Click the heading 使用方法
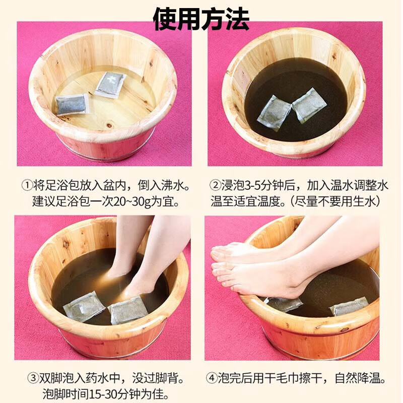pyautogui.click(x=201, y=19)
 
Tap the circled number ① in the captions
pyautogui.click(x=27, y=185)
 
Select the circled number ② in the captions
pyautogui.click(x=216, y=185)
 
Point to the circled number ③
pyautogui.click(x=33, y=378)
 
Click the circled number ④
pyautogui.click(x=212, y=378)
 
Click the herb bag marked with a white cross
pyautogui.click(x=110, y=84)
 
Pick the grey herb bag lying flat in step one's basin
pyautogui.click(x=73, y=104)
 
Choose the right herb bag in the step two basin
pyautogui.click(x=309, y=105)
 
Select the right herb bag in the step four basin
pyautogui.click(x=350, y=306)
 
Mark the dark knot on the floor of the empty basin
pyautogui.click(x=110, y=125)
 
